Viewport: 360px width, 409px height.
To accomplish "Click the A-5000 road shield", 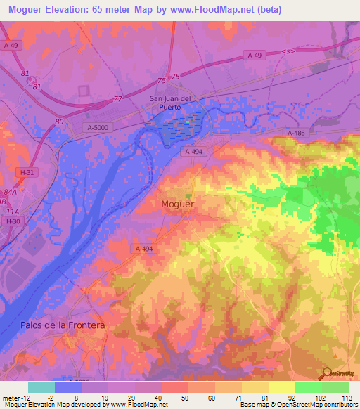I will point(100,126).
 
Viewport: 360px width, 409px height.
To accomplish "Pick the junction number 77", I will point(117,99).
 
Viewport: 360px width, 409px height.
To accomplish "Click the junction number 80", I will point(60,122).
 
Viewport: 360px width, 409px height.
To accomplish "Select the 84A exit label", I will point(10,191).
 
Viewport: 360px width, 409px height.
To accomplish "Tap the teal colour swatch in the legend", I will point(41,387).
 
